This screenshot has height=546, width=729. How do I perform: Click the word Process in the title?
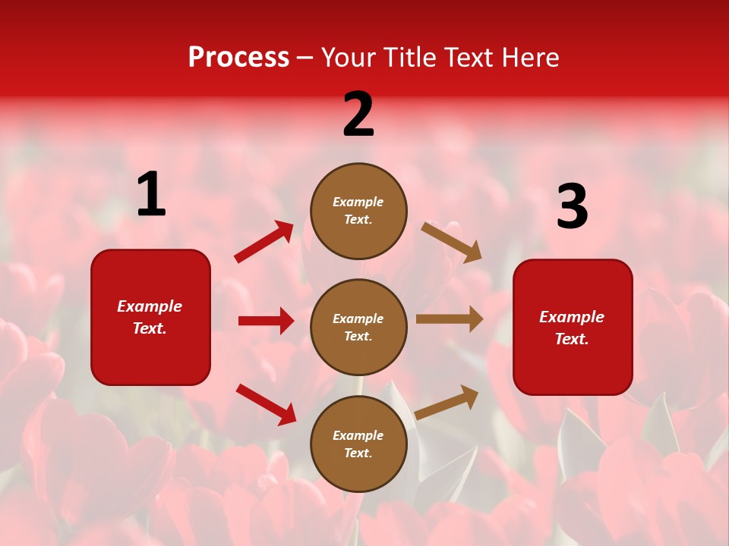point(238,58)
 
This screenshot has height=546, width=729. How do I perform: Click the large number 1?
point(151,195)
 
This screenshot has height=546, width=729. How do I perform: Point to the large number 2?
point(358,115)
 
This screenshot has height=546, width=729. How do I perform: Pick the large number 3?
point(573,207)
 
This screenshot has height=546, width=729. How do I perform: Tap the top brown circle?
point(358,211)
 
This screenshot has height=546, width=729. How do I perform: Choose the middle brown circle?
point(358,327)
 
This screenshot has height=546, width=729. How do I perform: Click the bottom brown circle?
point(358,444)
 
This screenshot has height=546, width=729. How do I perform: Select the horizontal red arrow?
point(267,321)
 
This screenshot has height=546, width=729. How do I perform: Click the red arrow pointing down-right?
point(267,404)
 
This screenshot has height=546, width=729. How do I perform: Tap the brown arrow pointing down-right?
point(451,242)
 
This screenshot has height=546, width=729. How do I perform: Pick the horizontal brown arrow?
point(450,319)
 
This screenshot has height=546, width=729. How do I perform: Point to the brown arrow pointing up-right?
point(447,402)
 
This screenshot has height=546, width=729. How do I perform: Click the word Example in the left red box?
point(150,306)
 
